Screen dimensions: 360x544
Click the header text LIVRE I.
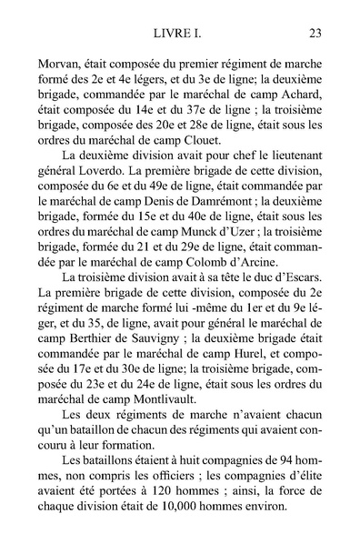tap(180, 34)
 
